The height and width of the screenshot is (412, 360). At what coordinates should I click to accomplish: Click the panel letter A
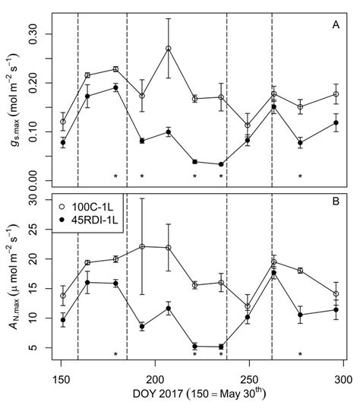coord(335,25)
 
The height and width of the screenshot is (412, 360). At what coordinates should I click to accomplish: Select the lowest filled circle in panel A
coord(221,164)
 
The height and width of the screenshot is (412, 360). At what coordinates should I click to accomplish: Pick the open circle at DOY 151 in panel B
coord(63,296)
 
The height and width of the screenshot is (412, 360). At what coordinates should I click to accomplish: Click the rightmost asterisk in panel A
coord(300,176)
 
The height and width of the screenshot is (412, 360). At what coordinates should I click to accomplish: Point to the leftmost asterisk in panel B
coord(115,354)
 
